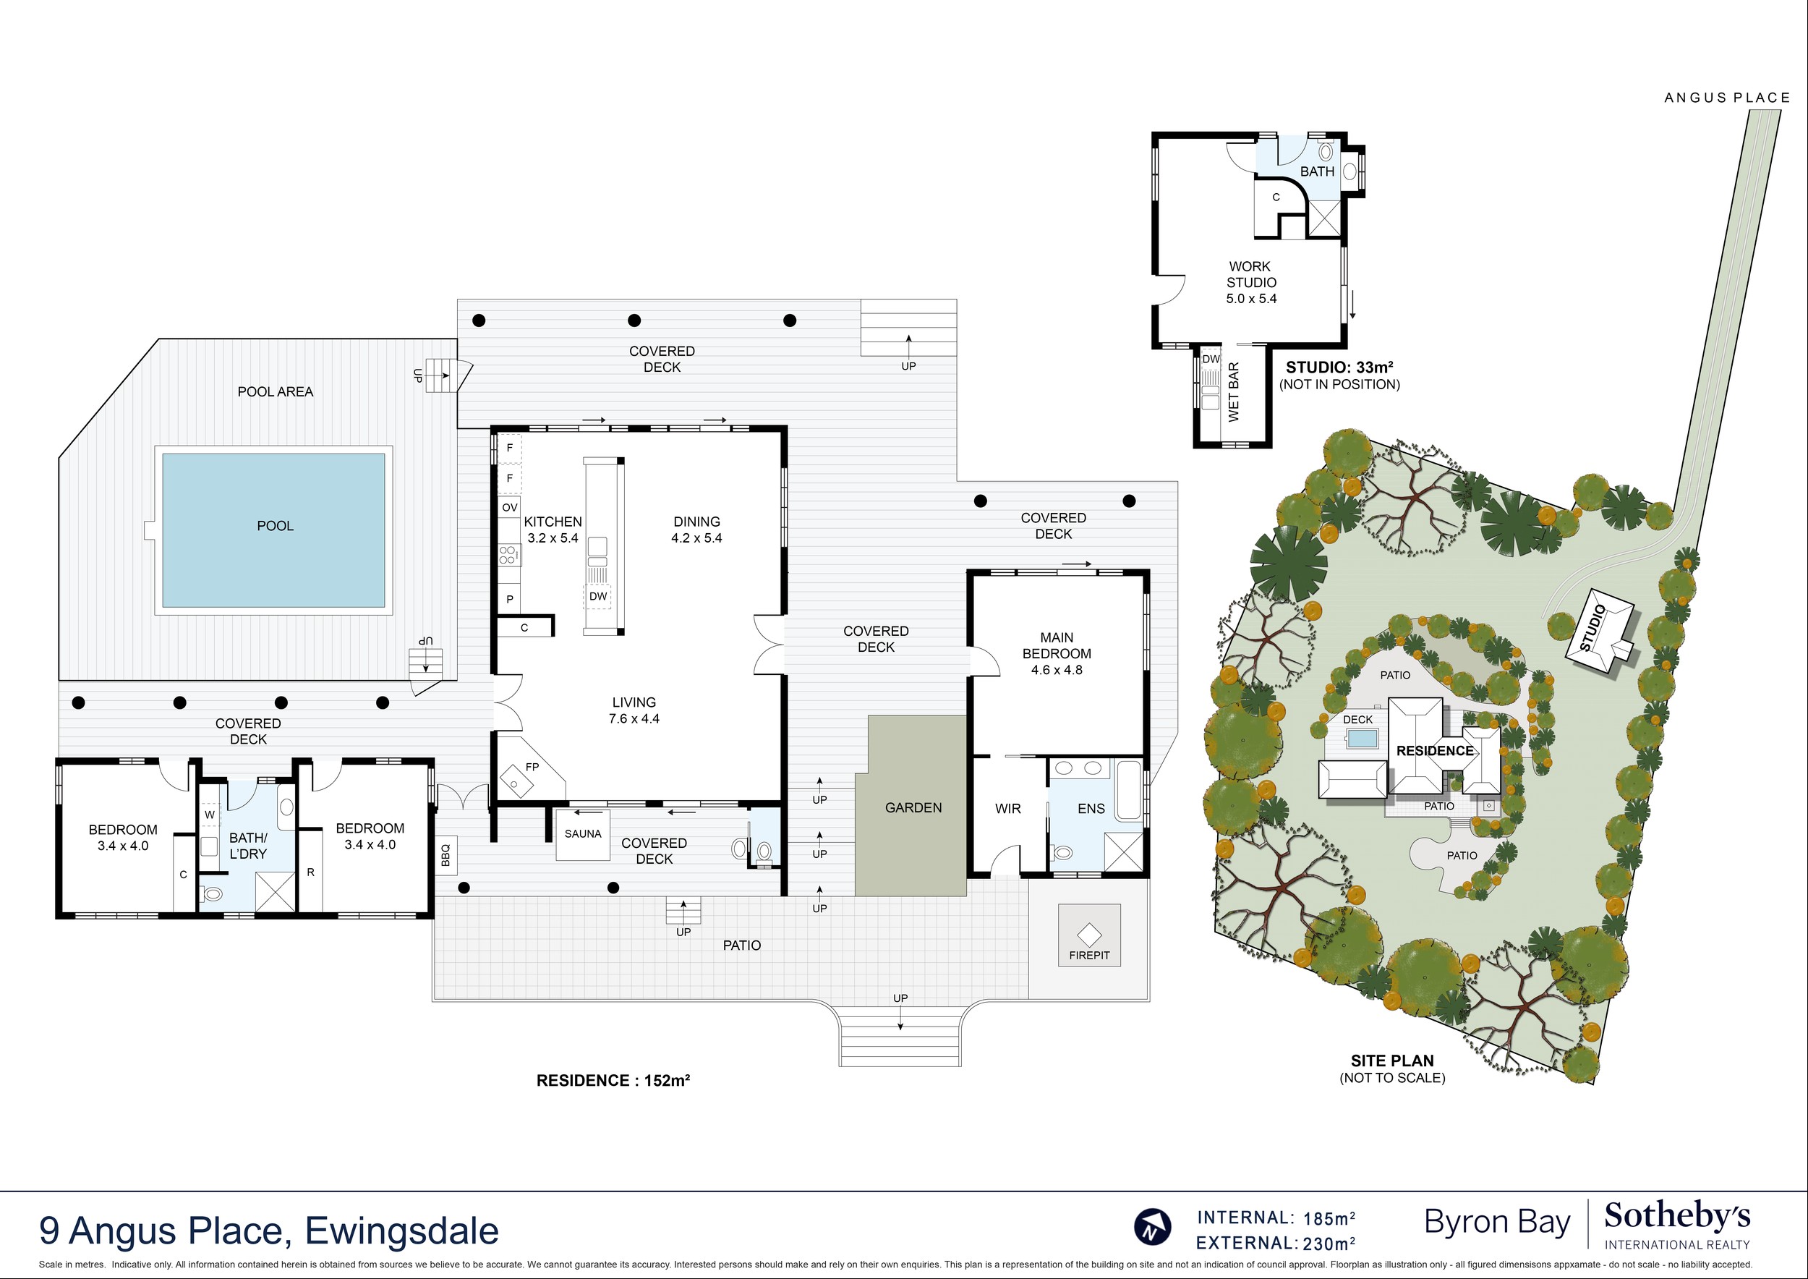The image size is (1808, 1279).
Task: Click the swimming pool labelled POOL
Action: [x=273, y=530]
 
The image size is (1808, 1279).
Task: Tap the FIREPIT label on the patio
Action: [x=1089, y=956]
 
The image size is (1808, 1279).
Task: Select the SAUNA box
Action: [x=583, y=834]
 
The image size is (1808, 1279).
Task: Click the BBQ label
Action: [x=445, y=855]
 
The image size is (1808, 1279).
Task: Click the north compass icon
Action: [x=1152, y=1226]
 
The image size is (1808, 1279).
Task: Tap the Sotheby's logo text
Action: [x=1677, y=1217]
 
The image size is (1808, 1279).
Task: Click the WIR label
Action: [x=1008, y=809]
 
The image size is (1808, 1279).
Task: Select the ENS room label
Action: [x=1091, y=809]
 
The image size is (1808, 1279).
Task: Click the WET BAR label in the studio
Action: [x=1233, y=391]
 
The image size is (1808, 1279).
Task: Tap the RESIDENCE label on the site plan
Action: [x=1435, y=751]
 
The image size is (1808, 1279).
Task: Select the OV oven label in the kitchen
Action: [x=509, y=508]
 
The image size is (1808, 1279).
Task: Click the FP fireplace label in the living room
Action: [x=532, y=766]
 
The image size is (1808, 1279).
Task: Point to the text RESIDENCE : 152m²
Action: [x=613, y=1081]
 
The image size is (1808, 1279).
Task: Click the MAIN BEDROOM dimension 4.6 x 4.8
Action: [x=1057, y=670]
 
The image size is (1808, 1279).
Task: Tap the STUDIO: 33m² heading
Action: [x=1339, y=366]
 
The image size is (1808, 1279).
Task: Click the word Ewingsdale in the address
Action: [x=401, y=1231]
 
